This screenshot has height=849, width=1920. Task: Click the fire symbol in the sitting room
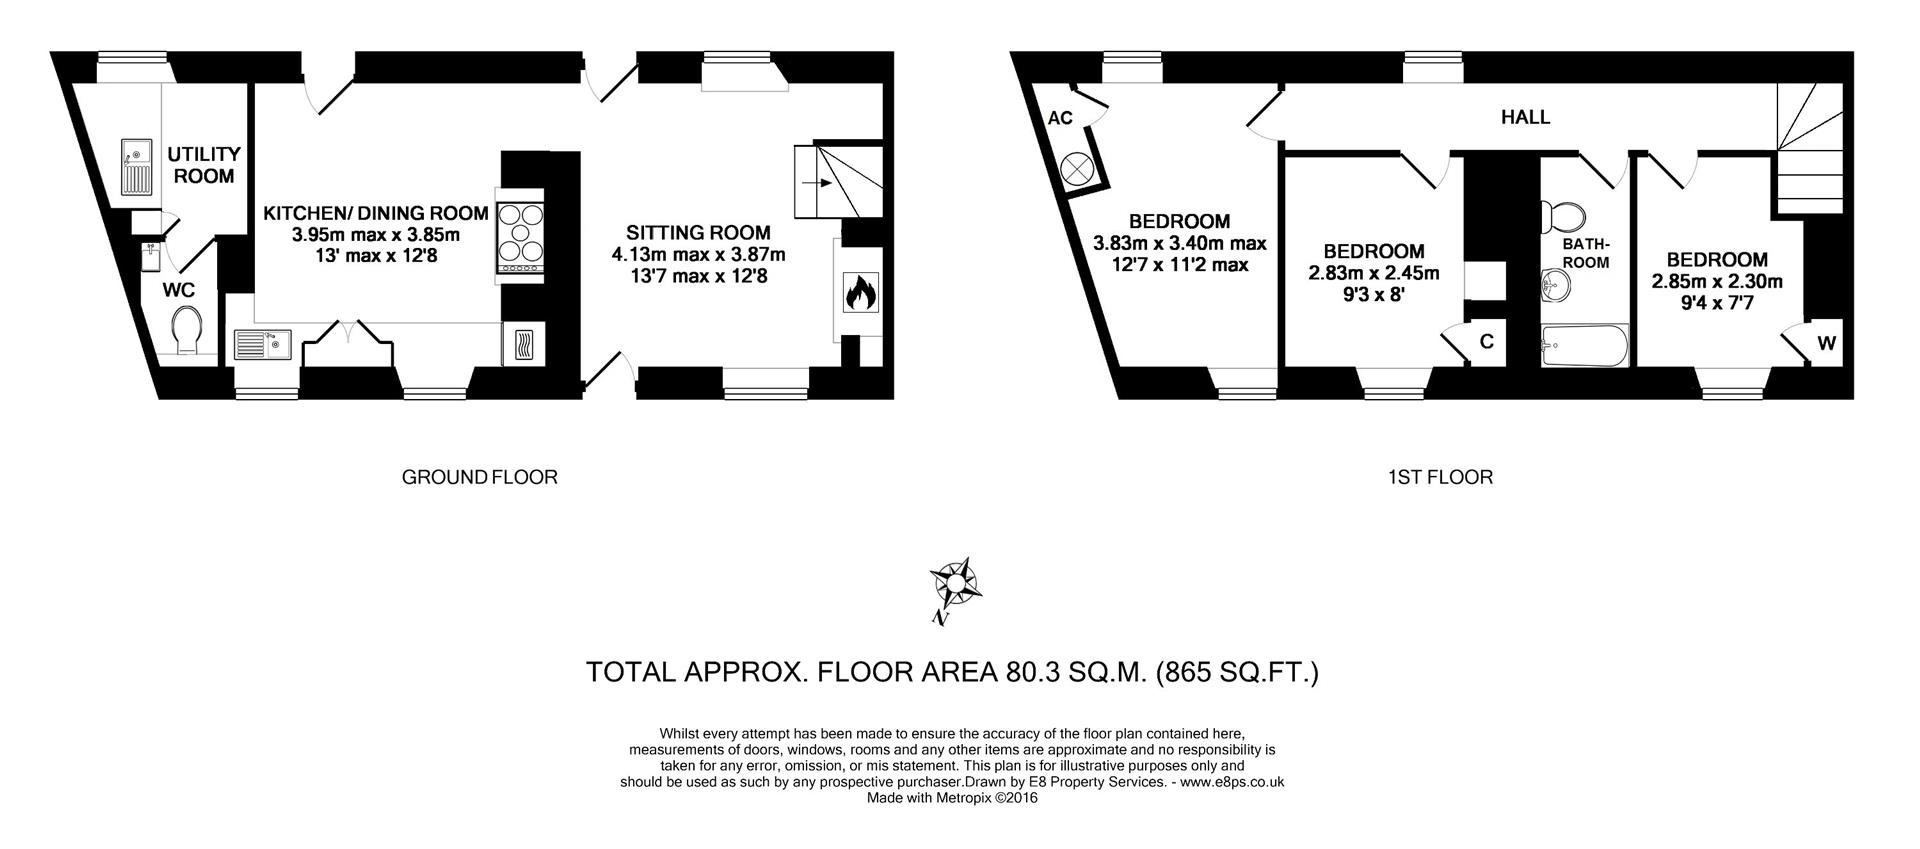click(859, 294)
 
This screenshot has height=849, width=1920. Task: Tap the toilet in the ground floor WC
click(187, 330)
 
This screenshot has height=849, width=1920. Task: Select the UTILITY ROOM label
click(203, 165)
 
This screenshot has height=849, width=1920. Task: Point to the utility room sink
click(135, 167)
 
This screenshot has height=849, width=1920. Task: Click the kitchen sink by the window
click(261, 345)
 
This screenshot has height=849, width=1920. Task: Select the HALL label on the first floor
click(1525, 117)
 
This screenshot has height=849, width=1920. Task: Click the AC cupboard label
click(1060, 118)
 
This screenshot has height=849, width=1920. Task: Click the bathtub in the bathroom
click(1584, 347)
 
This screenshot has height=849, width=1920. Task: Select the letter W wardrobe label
click(1826, 344)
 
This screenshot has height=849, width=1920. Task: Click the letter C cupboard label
click(1486, 342)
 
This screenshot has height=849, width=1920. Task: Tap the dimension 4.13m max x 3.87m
click(698, 254)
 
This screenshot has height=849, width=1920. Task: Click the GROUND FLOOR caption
click(479, 477)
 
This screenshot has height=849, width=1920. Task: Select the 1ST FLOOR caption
click(1440, 477)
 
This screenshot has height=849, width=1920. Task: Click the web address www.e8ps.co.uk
click(1231, 782)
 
